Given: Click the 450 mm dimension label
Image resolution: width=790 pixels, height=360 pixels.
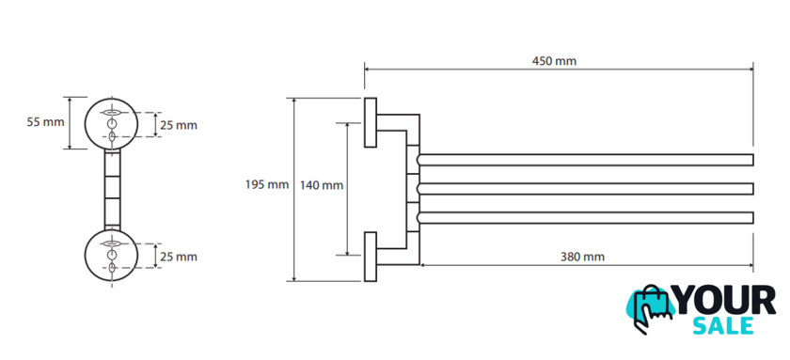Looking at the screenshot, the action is pyautogui.click(x=554, y=61).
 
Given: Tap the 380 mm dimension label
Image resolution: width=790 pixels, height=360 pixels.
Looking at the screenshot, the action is pyautogui.click(x=582, y=257).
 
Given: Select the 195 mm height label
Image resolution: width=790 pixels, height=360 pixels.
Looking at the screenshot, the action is pyautogui.click(x=267, y=185).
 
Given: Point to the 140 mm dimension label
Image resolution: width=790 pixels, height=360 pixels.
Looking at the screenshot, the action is pyautogui.click(x=322, y=185).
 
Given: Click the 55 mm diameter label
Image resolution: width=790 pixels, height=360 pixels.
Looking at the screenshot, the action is pyautogui.click(x=46, y=122).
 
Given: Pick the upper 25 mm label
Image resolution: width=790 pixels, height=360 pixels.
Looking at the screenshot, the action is pyautogui.click(x=179, y=125).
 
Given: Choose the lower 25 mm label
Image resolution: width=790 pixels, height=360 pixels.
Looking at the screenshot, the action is pyautogui.click(x=179, y=257).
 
